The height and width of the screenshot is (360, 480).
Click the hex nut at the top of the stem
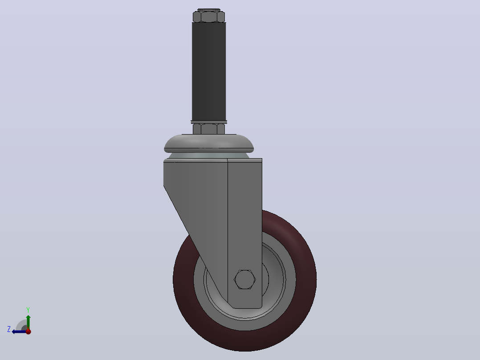[x=209, y=16]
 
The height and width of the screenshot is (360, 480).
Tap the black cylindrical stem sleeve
[x=209, y=71]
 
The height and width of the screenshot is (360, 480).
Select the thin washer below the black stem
[x=209, y=122]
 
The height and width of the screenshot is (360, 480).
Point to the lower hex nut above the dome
[x=209, y=129]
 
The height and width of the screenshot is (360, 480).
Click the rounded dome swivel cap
[x=209, y=143]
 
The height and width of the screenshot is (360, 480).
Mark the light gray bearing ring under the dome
[x=209, y=155]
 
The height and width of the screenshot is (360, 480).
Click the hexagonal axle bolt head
[x=244, y=279]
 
